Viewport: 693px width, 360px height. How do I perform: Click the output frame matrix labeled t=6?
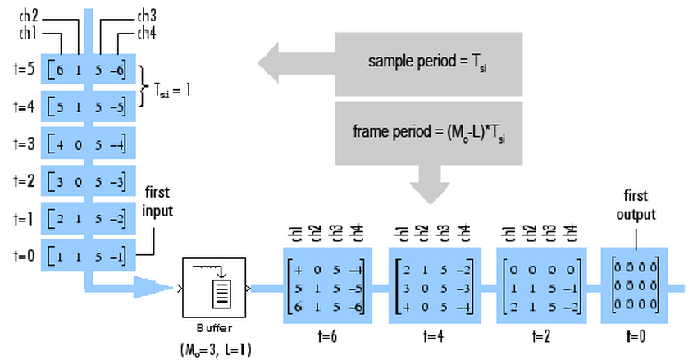coord(326,288)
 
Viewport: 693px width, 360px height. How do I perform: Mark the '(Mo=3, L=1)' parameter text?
coord(215,349)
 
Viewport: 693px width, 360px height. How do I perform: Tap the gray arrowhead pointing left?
coord(275,62)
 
